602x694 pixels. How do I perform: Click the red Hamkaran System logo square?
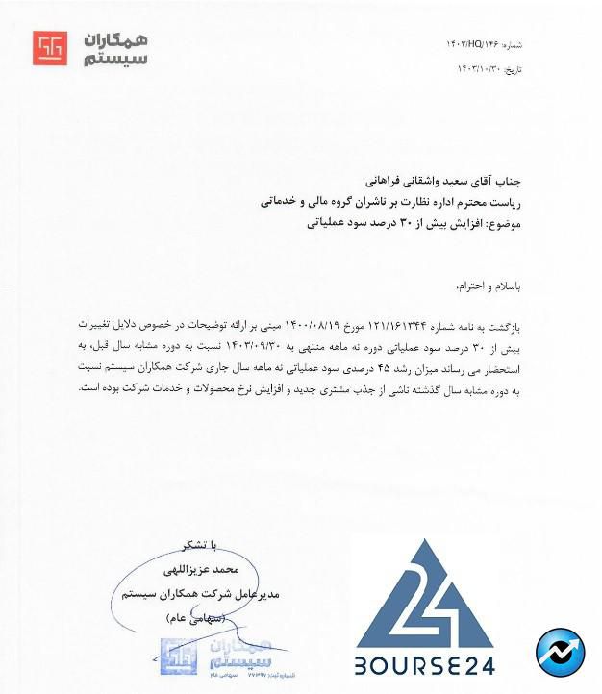coord(50,48)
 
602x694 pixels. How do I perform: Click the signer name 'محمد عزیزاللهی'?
coord(235,570)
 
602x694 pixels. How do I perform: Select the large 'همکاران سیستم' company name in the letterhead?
coord(114,48)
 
